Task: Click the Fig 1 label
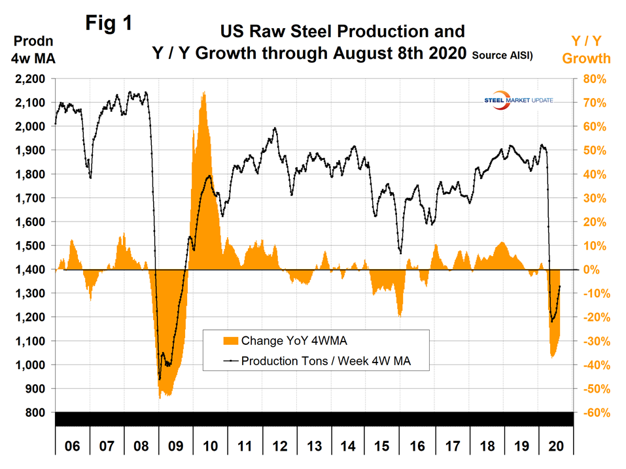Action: [109, 24]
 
